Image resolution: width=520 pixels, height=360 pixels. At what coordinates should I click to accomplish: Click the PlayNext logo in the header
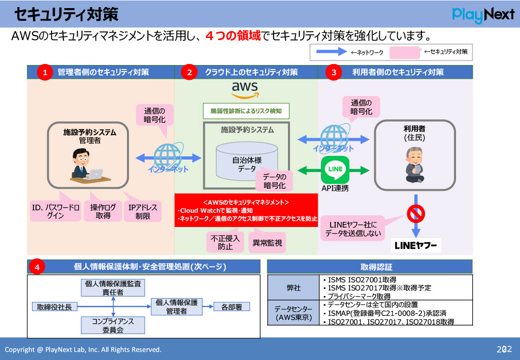[483, 15]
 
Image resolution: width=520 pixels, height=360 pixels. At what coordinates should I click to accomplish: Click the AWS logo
[245, 90]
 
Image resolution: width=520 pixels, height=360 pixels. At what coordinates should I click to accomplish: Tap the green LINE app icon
[335, 170]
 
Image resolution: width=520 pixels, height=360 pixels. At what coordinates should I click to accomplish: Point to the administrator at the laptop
[84, 164]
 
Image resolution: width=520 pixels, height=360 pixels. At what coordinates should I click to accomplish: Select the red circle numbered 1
[45, 73]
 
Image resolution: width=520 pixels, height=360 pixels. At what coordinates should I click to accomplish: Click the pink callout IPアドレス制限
[143, 211]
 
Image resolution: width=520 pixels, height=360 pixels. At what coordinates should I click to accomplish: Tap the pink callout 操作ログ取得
[103, 211]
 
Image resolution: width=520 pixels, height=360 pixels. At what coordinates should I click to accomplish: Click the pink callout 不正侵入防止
[225, 242]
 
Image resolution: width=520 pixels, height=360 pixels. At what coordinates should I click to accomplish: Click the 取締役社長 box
[54, 307]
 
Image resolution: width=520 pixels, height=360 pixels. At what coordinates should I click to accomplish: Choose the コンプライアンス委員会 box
[113, 325]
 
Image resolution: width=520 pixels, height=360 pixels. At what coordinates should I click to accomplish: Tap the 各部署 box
[231, 307]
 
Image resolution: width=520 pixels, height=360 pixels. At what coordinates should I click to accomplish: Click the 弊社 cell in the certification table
[294, 287]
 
